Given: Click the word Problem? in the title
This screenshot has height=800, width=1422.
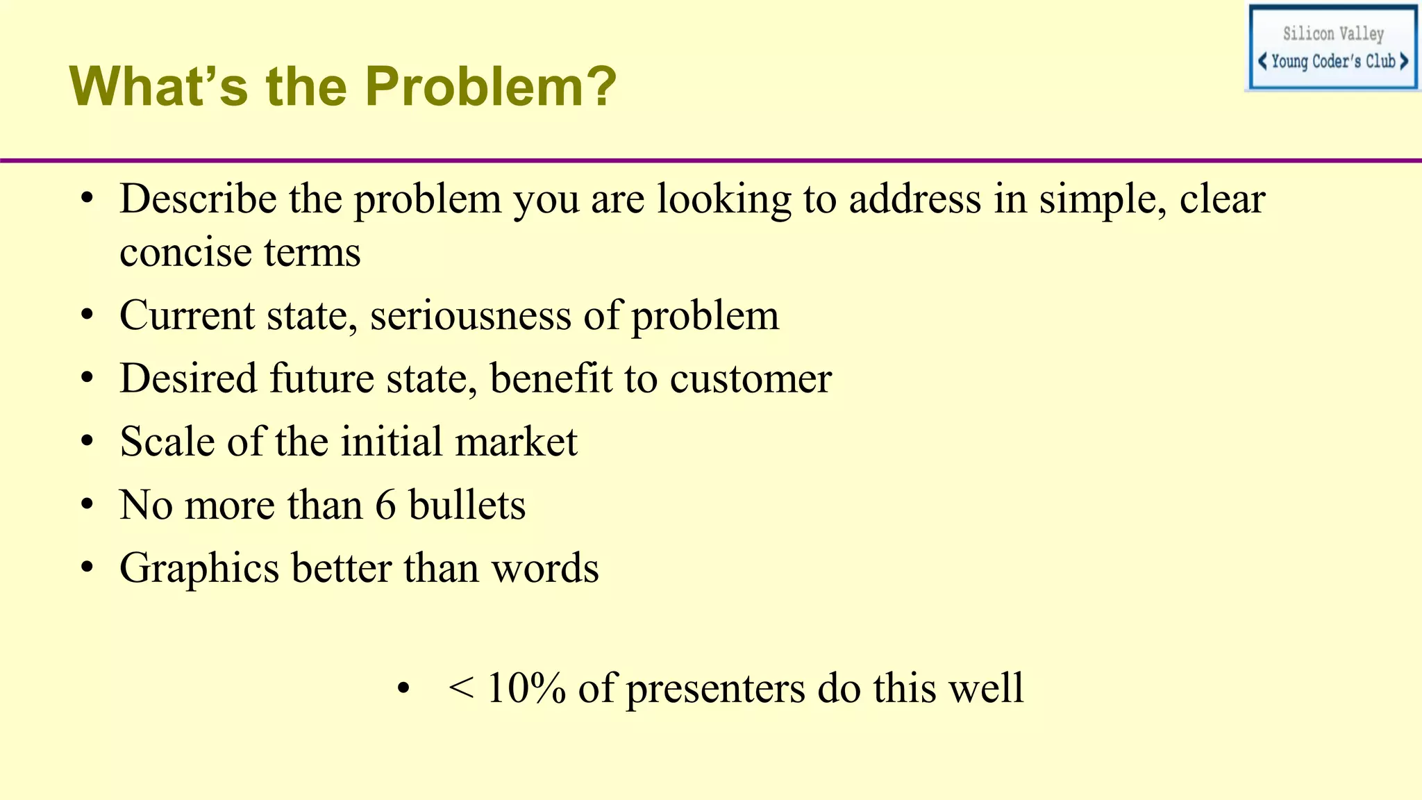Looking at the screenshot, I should (x=490, y=87).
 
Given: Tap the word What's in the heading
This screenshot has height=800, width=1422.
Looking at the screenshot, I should (x=158, y=87).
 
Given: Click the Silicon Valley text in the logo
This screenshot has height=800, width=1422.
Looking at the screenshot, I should (x=1333, y=33).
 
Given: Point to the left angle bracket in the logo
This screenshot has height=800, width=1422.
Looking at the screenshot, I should (x=1262, y=61).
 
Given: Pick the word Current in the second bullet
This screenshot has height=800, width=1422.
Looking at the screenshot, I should (x=187, y=316).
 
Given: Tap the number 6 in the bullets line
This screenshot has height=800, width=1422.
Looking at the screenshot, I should (x=385, y=505).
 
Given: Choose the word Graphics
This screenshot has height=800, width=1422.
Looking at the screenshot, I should (x=199, y=569).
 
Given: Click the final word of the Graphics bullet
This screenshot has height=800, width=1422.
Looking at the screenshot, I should (x=545, y=569).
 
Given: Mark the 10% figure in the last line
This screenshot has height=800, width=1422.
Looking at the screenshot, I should (x=526, y=688).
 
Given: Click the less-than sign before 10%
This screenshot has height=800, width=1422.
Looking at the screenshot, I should (x=461, y=688).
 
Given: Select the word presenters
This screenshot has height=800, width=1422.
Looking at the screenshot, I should (x=715, y=690).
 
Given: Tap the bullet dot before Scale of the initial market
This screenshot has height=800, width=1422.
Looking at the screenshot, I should (x=87, y=442).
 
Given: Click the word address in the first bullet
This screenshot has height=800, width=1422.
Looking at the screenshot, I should (x=915, y=199).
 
